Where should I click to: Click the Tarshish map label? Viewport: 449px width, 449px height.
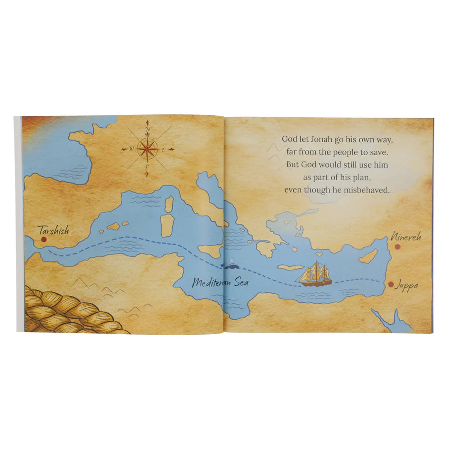(x=53, y=230)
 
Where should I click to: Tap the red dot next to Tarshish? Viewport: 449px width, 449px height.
(x=43, y=240)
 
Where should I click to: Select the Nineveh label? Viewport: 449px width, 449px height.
(x=406, y=236)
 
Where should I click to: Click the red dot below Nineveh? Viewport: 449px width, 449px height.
(x=398, y=246)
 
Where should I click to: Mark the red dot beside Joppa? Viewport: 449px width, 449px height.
(x=391, y=284)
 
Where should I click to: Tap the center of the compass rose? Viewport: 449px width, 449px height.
(x=148, y=148)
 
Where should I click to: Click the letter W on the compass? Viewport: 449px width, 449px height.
(x=131, y=149)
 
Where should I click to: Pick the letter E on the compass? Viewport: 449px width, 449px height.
(x=169, y=149)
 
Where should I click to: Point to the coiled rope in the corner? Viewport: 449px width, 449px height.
(x=65, y=312)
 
